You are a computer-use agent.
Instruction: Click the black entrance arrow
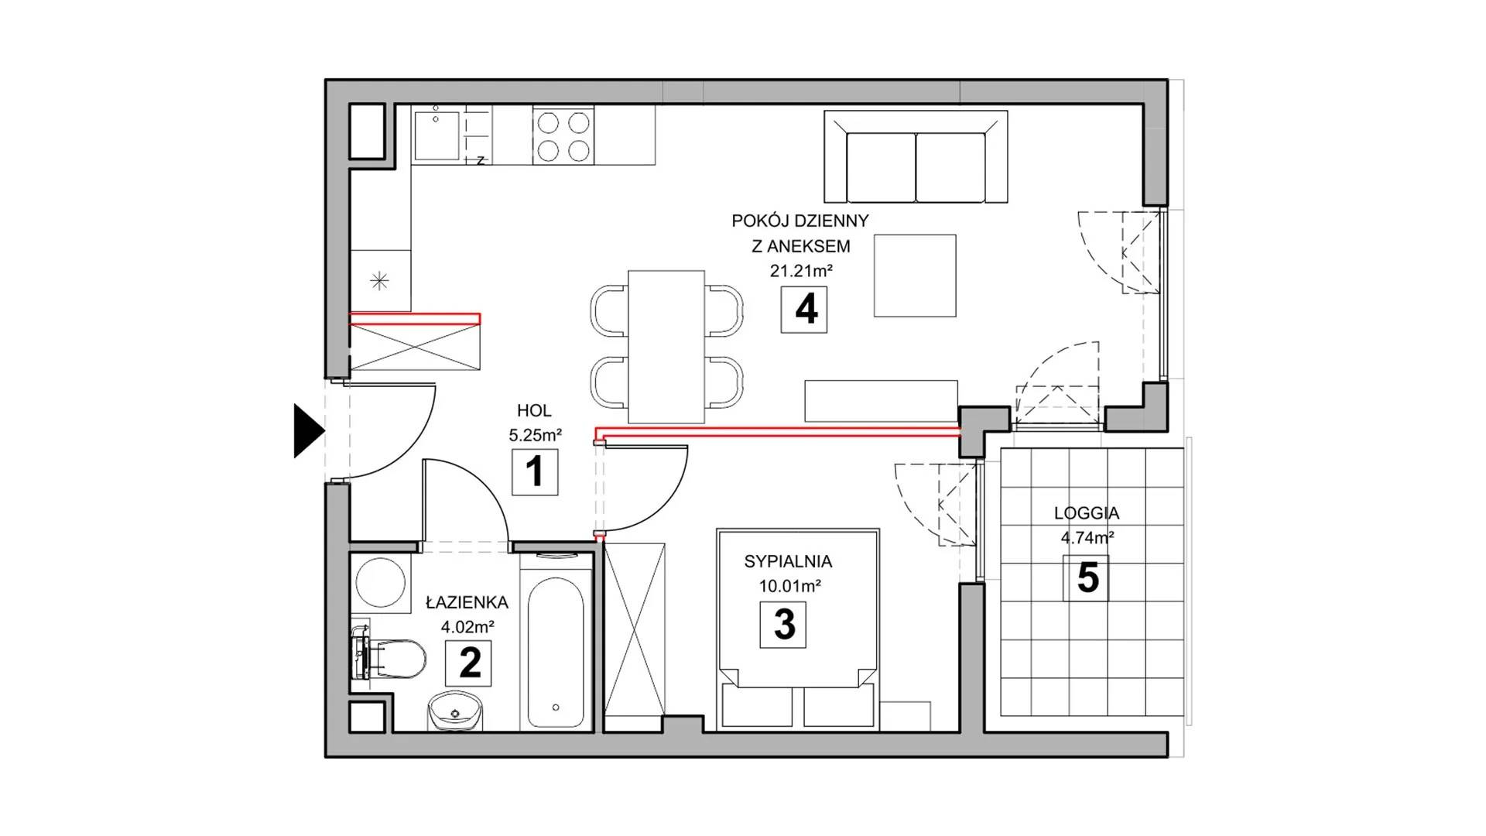(308, 430)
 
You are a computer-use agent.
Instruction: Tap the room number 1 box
(535, 472)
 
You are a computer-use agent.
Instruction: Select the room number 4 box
(804, 310)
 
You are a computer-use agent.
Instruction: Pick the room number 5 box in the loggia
(1085, 578)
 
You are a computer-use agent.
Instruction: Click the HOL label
(534, 411)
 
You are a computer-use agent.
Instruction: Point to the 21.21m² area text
(800, 271)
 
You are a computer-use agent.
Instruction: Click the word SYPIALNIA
(788, 561)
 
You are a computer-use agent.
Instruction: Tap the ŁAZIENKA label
(467, 602)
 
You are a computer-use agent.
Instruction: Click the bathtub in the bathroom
(556, 640)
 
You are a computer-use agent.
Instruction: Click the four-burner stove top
(563, 136)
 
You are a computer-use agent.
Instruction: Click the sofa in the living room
(916, 157)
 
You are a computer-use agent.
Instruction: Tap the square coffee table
(915, 276)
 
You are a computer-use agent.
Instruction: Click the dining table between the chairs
(666, 342)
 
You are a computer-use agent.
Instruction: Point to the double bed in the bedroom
(798, 629)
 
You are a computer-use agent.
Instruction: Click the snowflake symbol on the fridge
(379, 281)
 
